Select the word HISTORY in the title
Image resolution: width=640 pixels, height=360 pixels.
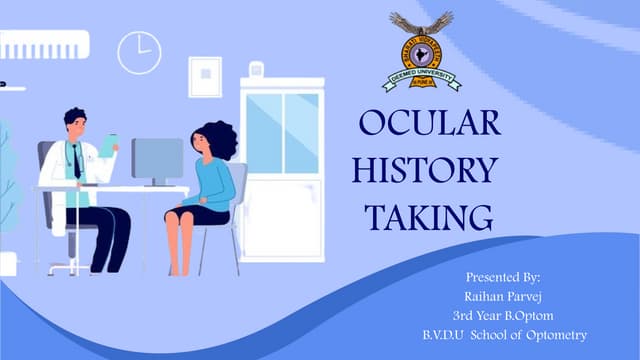[x=424, y=170]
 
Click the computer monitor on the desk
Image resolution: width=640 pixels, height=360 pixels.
[x=157, y=159]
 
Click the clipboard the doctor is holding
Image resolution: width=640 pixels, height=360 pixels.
[x=107, y=146]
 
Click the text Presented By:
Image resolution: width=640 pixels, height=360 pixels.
[x=502, y=276]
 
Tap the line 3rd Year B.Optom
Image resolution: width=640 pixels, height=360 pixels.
[x=502, y=315]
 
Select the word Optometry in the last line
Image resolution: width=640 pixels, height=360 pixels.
[x=552, y=334]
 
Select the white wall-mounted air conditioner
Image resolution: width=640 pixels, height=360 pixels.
[x=44, y=44]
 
